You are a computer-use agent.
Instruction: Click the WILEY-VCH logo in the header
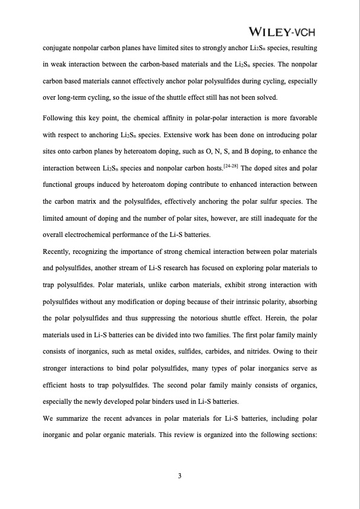282,31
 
